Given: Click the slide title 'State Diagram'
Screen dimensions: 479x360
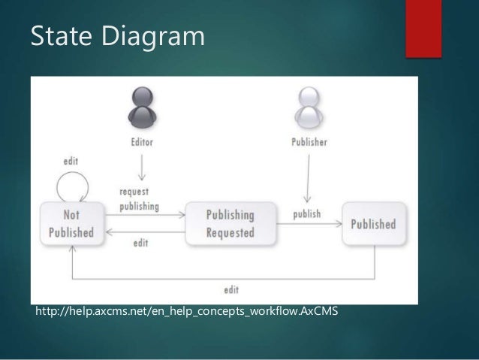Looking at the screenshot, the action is coord(117,36).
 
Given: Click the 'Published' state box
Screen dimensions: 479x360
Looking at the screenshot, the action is coord(373,224).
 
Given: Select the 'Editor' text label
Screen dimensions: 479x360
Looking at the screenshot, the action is coord(142,143).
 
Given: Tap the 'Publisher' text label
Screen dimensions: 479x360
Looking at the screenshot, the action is coord(309,143).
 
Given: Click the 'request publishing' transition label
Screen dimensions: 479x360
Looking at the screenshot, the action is coord(140,198).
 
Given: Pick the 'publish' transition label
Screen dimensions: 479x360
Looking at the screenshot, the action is coord(306,214).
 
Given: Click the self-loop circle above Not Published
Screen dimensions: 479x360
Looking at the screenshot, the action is coord(72,186).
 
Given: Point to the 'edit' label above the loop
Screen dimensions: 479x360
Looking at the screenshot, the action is coord(71,161).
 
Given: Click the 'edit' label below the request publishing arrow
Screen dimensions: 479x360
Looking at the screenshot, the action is coord(140,243).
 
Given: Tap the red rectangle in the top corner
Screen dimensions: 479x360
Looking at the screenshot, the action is coord(423,28).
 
